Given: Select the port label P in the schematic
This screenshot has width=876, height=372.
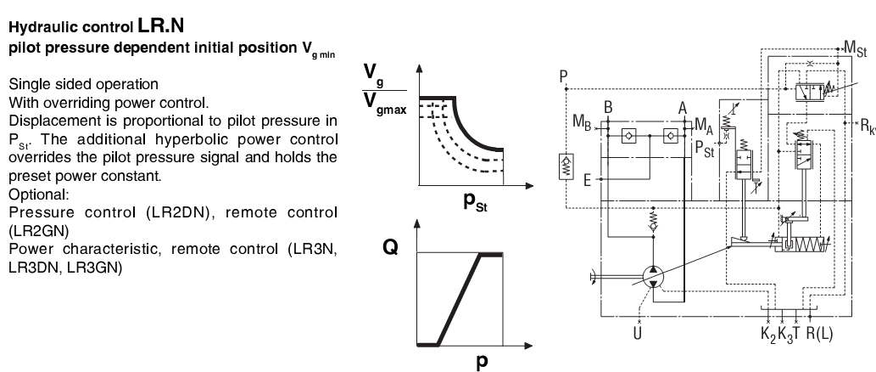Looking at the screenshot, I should pyautogui.click(x=564, y=79).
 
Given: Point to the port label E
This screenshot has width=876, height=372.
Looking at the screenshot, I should pyautogui.click(x=589, y=180).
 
